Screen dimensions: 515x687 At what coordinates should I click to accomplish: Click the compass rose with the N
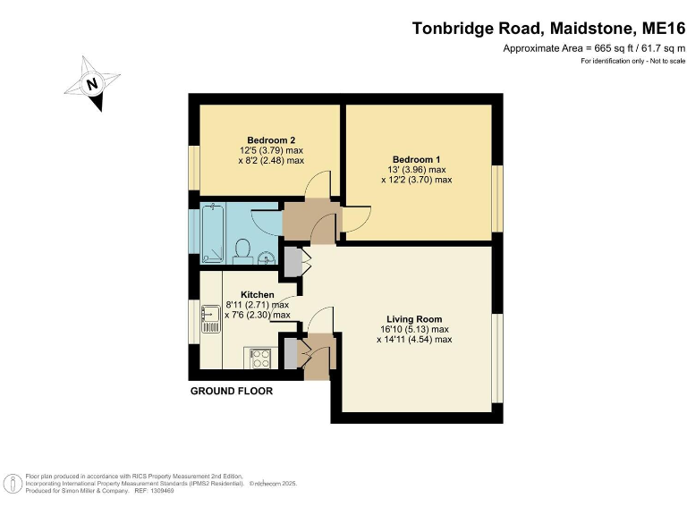(x=91, y=84)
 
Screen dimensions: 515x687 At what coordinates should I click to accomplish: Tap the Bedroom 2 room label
(x=271, y=139)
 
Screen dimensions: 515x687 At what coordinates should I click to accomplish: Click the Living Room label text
(x=413, y=318)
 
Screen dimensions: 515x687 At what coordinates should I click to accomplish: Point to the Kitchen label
(x=258, y=294)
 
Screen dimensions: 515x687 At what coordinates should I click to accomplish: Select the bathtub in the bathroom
(x=213, y=229)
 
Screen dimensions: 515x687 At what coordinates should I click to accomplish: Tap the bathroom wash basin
(x=267, y=259)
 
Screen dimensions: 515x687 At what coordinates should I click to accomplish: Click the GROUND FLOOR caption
(x=231, y=392)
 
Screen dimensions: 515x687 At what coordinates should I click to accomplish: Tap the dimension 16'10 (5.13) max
(x=413, y=329)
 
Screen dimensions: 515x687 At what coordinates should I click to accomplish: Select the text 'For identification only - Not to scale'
(x=632, y=61)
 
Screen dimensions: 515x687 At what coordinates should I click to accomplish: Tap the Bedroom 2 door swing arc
(x=316, y=185)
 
